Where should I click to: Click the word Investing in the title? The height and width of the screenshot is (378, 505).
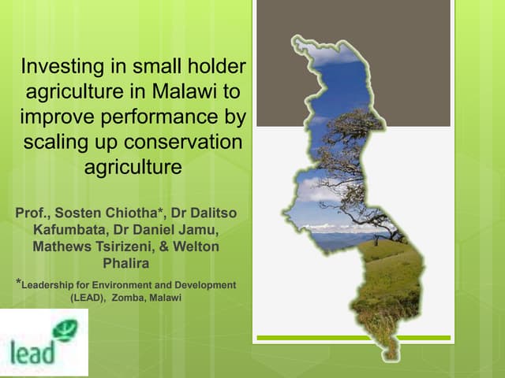(60, 68)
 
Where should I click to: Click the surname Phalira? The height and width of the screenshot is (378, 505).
(126, 262)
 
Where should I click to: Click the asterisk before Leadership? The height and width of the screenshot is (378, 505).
(18, 281)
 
